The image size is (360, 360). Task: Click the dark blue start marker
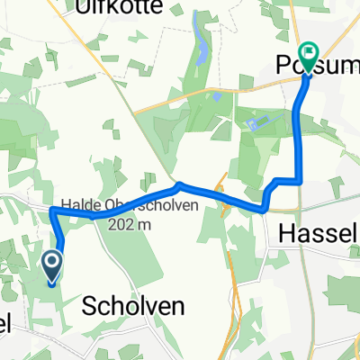point(52,266)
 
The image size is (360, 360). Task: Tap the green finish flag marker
point(308,57)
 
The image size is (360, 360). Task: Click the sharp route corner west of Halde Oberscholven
point(53,210)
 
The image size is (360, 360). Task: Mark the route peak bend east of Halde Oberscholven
point(180,186)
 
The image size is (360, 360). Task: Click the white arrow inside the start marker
point(52,264)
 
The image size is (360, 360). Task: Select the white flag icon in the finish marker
point(308,53)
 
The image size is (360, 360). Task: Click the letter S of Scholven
point(89,306)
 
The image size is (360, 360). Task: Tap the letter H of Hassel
point(286,232)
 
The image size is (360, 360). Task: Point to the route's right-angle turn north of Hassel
point(299,180)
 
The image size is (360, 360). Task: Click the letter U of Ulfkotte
point(85,7)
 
